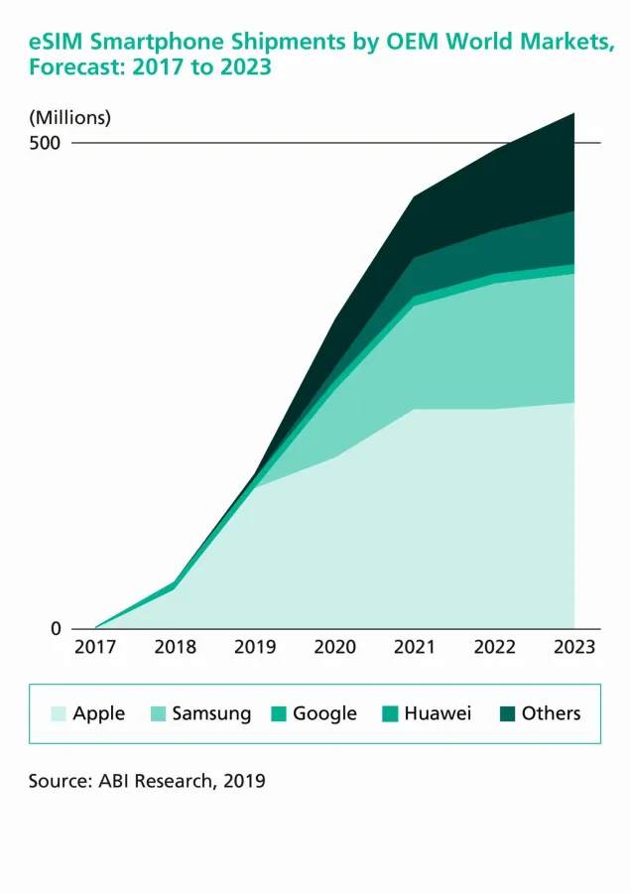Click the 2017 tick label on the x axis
click(95, 648)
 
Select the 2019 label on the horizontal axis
click(255, 648)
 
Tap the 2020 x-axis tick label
click(335, 648)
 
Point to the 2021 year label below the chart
click(415, 648)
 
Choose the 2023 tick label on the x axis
click(574, 648)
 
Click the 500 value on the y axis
click(44, 143)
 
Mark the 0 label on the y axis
click(56, 629)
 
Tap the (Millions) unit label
click(69, 117)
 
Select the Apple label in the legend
click(99, 713)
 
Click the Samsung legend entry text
click(211, 713)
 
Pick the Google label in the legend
click(324, 713)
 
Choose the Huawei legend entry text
click(438, 713)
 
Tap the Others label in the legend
click(551, 713)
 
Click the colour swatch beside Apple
click(59, 713)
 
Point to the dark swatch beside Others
click(507, 713)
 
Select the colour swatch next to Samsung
click(158, 713)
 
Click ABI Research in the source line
click(154, 782)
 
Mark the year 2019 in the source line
click(244, 782)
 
